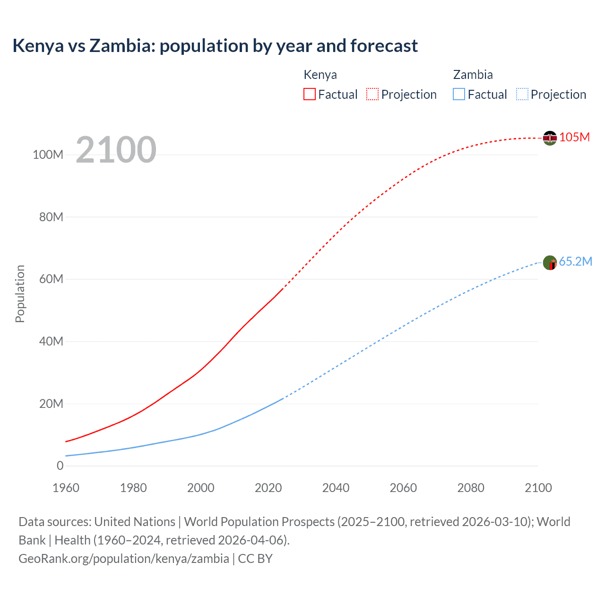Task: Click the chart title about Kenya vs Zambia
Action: click(215, 46)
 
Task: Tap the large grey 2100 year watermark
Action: click(116, 150)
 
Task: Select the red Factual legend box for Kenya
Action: click(309, 94)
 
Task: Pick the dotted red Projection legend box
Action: click(372, 94)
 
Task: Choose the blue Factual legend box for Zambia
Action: click(458, 94)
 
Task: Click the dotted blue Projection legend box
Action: click(522, 94)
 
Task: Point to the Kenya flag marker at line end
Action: click(550, 138)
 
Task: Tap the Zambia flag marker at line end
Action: click(550, 262)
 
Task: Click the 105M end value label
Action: click(574, 138)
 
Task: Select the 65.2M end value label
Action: click(575, 262)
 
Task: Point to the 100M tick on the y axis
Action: click(48, 155)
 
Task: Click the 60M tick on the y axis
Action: click(51, 279)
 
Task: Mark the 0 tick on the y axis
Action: click(60, 466)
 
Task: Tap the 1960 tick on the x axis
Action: click(66, 488)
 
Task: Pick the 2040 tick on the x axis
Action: click(336, 488)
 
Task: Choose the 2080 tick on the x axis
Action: click(471, 488)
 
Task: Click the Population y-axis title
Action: click(20, 294)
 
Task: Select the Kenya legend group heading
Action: click(320, 75)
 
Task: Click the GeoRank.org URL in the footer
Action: click(124, 559)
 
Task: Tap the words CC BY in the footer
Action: click(255, 559)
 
